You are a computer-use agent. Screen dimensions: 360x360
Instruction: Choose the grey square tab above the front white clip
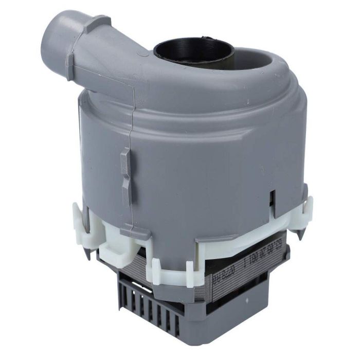135,232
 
